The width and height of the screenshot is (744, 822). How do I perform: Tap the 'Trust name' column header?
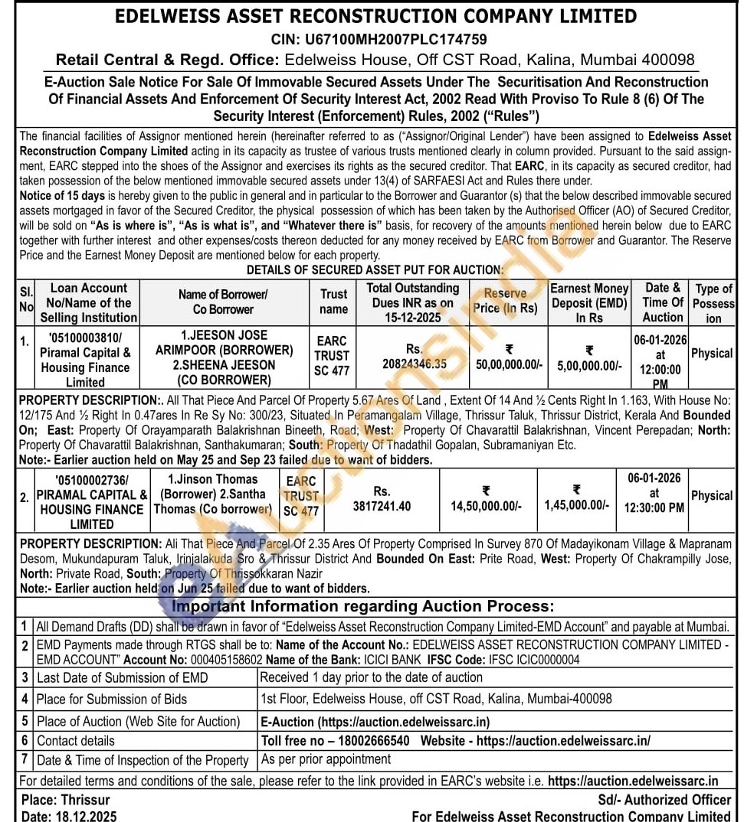(x=333, y=302)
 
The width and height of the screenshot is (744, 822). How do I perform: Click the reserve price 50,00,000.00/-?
(x=509, y=365)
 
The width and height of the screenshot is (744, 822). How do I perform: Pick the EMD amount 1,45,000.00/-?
(x=577, y=505)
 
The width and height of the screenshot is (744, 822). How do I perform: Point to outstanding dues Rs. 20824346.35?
(x=415, y=357)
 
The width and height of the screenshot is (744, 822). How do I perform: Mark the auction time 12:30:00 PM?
(x=654, y=507)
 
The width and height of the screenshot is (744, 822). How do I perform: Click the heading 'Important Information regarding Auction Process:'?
(x=362, y=606)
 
